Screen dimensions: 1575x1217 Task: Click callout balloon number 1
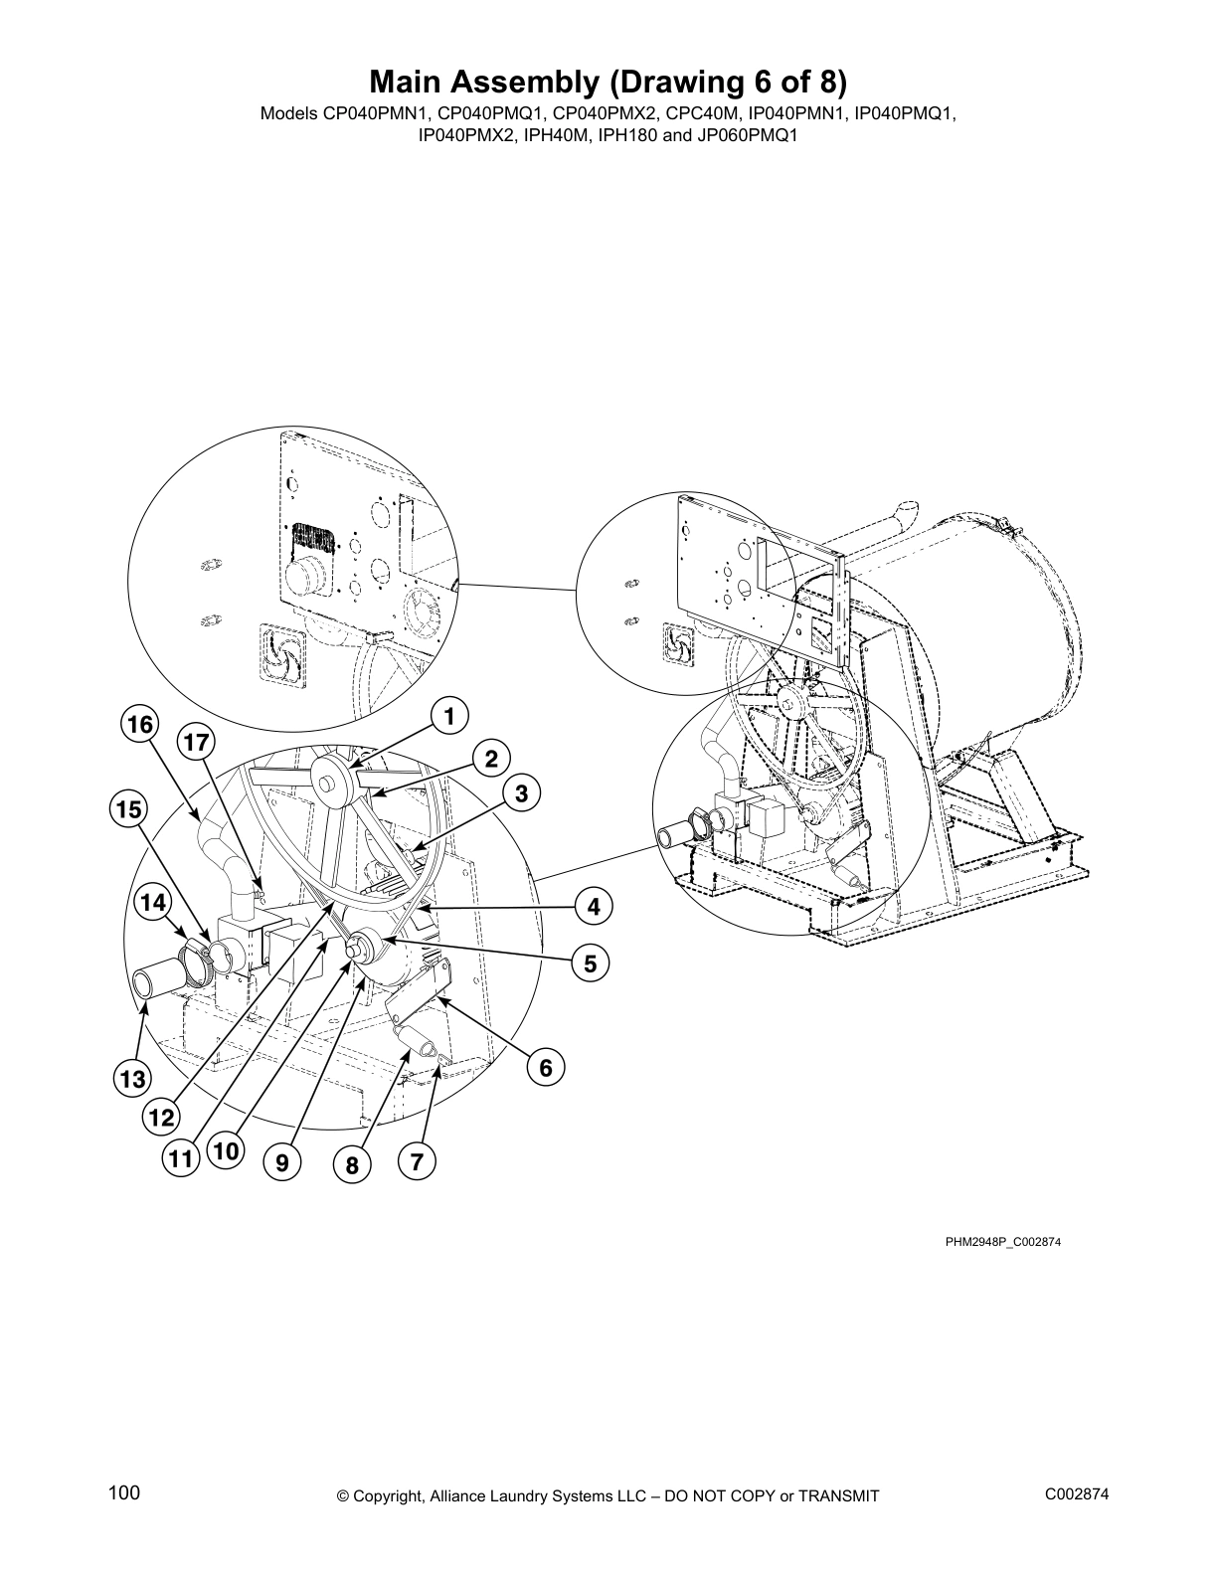pyautogui.click(x=449, y=715)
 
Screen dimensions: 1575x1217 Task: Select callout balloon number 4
pyautogui.click(x=594, y=907)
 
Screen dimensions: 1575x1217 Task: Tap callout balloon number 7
pyautogui.click(x=417, y=1161)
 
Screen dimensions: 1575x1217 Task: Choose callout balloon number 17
pyautogui.click(x=197, y=743)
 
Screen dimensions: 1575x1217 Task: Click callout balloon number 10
pyautogui.click(x=226, y=1152)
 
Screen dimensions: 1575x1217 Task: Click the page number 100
pyautogui.click(x=124, y=1492)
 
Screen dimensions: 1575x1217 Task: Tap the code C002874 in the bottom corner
pyautogui.click(x=1077, y=1494)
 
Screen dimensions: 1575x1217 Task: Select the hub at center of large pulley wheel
pyautogui.click(x=326, y=778)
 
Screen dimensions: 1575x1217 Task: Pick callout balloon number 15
pyautogui.click(x=128, y=809)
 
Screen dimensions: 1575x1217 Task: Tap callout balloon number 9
pyautogui.click(x=283, y=1161)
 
